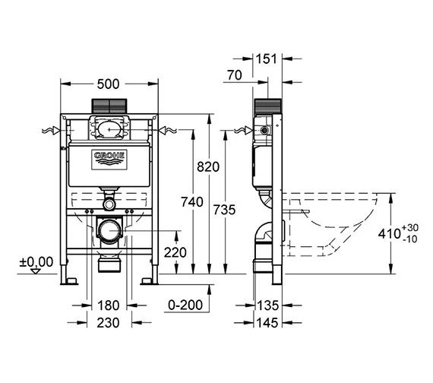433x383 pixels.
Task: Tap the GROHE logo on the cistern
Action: coord(109,158)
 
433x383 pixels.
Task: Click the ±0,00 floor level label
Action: coord(36,261)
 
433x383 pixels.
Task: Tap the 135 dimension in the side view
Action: coord(268,305)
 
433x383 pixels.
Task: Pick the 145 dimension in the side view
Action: coord(268,322)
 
